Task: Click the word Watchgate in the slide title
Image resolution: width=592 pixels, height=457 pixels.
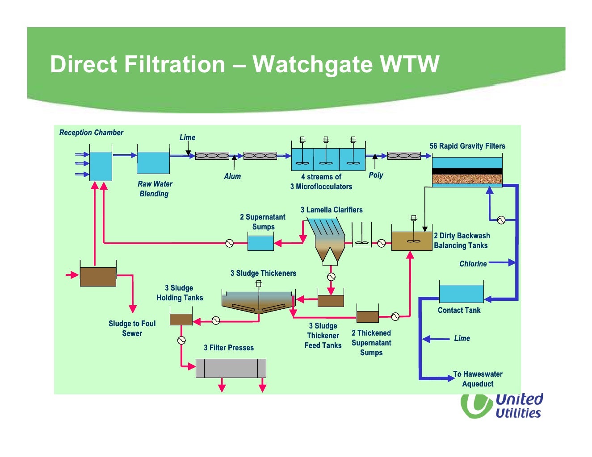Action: tap(313, 64)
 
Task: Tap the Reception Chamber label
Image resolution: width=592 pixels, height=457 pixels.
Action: tap(91, 133)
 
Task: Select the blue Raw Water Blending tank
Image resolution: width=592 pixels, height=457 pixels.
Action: tap(153, 162)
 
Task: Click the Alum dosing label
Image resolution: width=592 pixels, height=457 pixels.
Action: tap(232, 176)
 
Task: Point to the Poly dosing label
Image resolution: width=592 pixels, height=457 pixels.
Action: tap(376, 175)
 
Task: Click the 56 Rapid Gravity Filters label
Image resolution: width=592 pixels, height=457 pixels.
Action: tap(467, 146)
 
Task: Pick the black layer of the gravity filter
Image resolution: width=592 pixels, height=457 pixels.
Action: tap(467, 171)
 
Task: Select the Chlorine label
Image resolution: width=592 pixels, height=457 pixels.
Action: tap(473, 264)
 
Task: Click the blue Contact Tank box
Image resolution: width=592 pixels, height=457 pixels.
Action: tap(461, 294)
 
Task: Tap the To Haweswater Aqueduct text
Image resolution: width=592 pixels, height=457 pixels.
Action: tap(478, 379)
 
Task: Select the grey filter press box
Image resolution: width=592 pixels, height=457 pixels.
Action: tap(231, 368)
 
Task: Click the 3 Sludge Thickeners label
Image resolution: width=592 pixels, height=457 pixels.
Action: tap(263, 273)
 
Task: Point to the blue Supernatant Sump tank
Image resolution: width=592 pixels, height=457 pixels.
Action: tap(260, 243)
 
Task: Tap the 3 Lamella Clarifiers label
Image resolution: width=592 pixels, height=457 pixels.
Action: tap(332, 210)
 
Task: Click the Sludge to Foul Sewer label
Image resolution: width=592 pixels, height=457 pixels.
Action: tap(132, 328)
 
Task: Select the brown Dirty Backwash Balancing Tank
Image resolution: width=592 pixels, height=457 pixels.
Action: tap(411, 241)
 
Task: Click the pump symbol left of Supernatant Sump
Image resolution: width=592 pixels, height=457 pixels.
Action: tap(230, 243)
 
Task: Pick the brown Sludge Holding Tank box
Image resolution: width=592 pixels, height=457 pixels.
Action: tap(181, 320)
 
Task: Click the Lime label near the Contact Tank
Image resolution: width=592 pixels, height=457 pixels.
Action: tap(462, 338)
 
